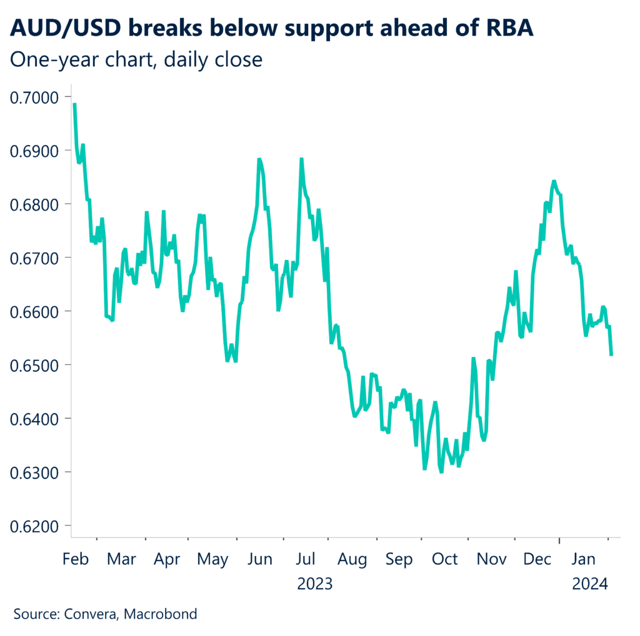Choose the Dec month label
[537, 559]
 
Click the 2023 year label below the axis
[315, 584]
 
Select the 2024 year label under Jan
[591, 584]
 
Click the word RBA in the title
[506, 29]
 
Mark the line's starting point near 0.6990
[74, 104]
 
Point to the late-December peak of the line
[553, 181]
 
